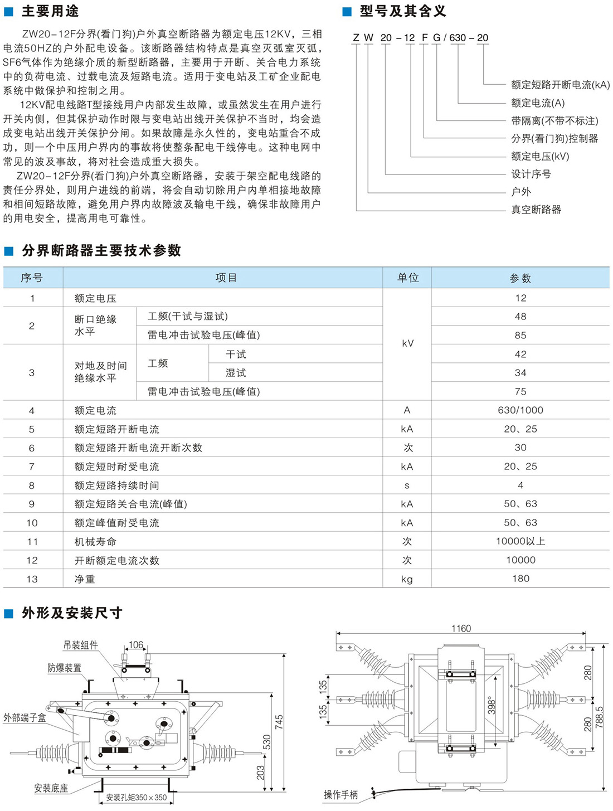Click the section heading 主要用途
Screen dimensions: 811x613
coord(50,11)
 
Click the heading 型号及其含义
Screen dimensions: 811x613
coord(402,11)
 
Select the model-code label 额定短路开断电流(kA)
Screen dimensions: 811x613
coord(560,85)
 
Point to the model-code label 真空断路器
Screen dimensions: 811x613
coord(536,210)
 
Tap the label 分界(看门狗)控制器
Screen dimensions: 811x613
coord(554,138)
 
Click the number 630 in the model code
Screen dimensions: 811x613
coord(458,38)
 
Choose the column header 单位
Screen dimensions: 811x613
coord(407,278)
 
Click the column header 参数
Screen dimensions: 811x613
coord(520,278)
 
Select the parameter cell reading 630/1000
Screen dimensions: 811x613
coord(520,410)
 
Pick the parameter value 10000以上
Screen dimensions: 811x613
coord(520,541)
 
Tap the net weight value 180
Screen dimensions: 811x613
coord(520,579)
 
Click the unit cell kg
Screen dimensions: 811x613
coord(407,579)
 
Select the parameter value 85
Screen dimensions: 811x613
coord(520,336)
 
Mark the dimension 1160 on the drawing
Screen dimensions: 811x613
coord(461,629)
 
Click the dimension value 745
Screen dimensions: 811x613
coord(279,722)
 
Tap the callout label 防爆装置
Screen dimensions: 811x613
coord(64,668)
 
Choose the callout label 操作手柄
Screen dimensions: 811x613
coord(340,795)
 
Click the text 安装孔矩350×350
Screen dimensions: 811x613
coord(137,798)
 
